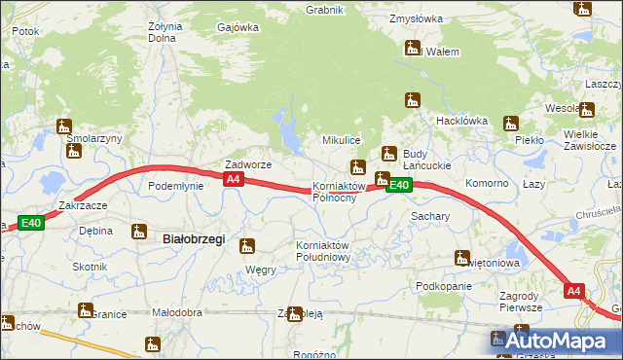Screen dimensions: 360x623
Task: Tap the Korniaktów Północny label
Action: pyautogui.click(x=338, y=192)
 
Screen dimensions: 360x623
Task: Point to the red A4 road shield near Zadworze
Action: pyautogui.click(x=233, y=180)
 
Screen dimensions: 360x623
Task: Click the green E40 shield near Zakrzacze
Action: pyautogui.click(x=32, y=223)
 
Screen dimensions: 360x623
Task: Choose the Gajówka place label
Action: pyautogui.click(x=238, y=27)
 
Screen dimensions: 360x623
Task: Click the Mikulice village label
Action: pyautogui.click(x=342, y=141)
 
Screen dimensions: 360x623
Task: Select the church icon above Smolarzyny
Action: pyautogui.click(x=65, y=126)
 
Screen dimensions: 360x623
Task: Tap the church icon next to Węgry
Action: pyautogui.click(x=248, y=246)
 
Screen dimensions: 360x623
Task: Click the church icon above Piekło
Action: pyautogui.click(x=511, y=124)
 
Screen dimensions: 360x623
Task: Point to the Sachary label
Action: pyautogui.click(x=429, y=216)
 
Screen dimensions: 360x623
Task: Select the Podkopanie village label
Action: pyautogui.click(x=443, y=286)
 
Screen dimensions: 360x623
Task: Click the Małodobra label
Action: pyautogui.click(x=176, y=312)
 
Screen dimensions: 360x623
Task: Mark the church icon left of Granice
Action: pyautogui.click(x=85, y=310)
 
